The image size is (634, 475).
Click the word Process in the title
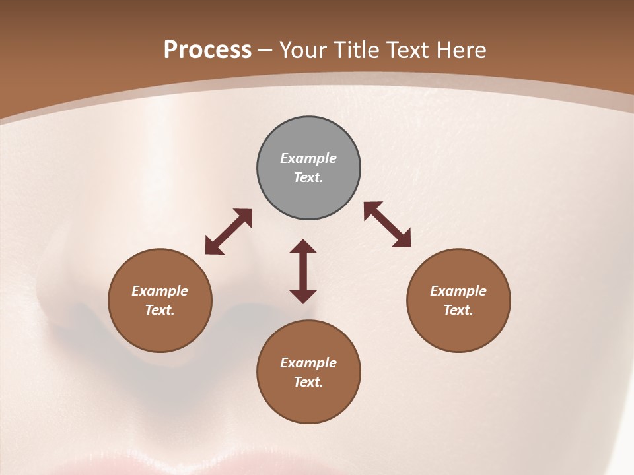207,50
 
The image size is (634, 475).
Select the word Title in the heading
357,50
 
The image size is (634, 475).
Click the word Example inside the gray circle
308,158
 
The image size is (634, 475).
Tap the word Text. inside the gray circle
308,177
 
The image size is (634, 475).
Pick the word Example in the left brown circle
160,291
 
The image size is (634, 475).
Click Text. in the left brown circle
160,310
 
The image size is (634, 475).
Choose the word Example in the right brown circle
458,291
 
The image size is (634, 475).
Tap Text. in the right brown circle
458,310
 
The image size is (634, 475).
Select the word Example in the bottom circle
308,363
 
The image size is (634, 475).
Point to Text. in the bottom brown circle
308,382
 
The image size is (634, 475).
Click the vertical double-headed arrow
303,271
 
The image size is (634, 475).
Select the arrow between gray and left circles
229,232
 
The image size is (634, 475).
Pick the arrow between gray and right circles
387,225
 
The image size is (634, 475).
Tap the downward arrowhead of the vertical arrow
303,296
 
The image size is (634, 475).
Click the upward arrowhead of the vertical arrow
303,246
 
